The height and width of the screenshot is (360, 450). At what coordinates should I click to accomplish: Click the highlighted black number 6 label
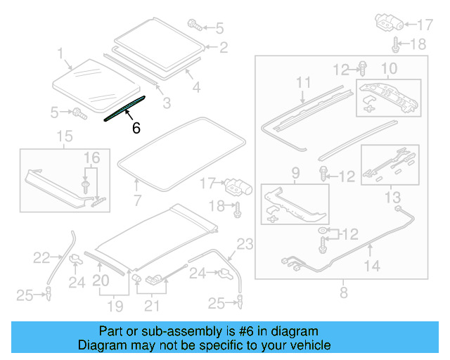tap(136, 128)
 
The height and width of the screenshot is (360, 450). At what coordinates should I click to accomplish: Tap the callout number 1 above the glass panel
tap(60, 53)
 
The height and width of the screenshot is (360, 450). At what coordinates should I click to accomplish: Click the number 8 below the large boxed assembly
tap(343, 291)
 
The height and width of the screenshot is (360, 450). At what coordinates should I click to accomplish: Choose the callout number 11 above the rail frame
tap(303, 83)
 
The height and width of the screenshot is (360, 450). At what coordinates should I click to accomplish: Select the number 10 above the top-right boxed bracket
tap(389, 68)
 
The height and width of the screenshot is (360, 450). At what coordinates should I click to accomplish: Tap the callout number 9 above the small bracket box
tap(295, 172)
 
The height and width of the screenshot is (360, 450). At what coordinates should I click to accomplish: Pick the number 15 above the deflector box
tap(65, 136)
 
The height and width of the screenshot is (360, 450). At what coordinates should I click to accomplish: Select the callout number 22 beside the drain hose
tap(42, 258)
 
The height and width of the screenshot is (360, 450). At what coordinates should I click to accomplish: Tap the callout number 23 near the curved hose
tap(243, 245)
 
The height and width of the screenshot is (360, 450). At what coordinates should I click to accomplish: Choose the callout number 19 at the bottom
tap(115, 306)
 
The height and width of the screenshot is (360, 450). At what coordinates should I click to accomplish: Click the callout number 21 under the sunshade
tap(152, 306)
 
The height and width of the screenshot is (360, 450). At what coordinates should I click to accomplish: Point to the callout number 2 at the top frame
tap(223, 48)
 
